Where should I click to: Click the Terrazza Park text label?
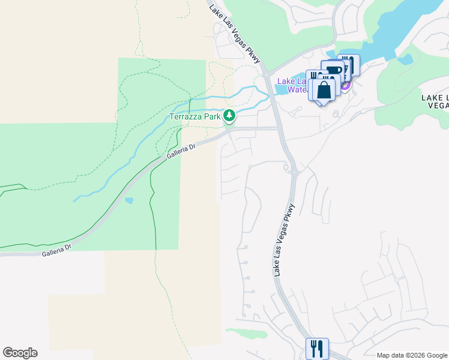pos(194,116)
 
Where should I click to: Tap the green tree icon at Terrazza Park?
pos(228,115)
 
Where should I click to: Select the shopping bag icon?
pos(324,91)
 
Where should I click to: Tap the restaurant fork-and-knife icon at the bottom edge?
pos(316,348)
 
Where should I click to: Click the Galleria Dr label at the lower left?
pos(56,250)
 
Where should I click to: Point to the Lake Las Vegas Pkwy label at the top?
pos(237,33)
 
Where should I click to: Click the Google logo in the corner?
pos(20,353)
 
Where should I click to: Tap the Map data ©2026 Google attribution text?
pos(411,355)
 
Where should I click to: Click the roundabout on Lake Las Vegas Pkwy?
pos(294,173)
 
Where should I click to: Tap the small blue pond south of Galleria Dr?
pos(129,200)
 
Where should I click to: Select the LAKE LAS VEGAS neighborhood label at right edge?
pos(435,101)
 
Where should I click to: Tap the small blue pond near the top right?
pos(405,59)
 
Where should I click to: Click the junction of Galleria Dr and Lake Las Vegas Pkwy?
pos(279,128)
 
